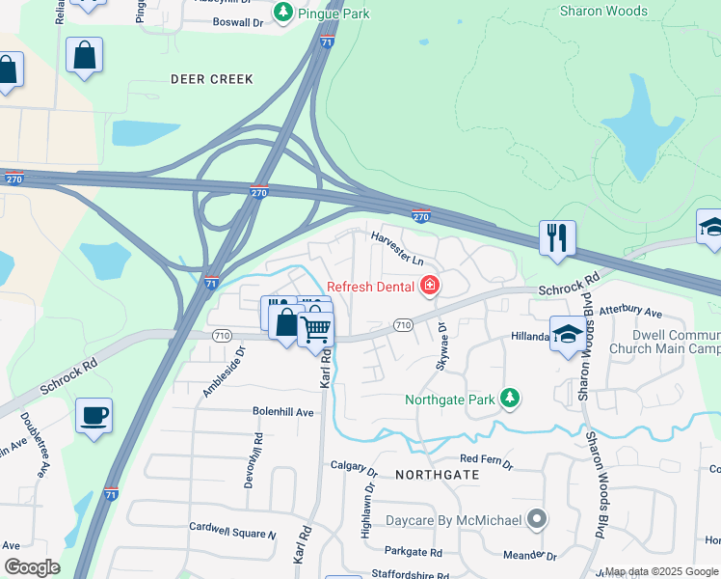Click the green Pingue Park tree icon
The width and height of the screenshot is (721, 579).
pos(282,12)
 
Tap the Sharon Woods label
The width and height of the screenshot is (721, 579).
pos(603,12)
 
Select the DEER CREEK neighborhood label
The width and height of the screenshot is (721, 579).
pos(211,79)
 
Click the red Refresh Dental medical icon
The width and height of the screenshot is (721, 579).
pos(429,286)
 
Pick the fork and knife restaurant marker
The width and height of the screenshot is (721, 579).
pos(557,237)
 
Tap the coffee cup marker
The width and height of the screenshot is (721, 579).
pos(93,415)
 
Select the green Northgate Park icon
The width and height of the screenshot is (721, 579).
pos(510,399)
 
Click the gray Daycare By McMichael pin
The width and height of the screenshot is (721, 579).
pos(538,520)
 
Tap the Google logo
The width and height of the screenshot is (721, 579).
pos(31,567)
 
